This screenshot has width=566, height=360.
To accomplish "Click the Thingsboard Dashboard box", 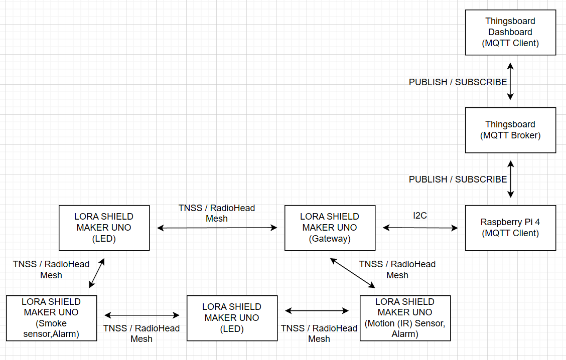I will click(x=510, y=32).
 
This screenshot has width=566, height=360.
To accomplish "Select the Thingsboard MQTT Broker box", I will click(x=510, y=130).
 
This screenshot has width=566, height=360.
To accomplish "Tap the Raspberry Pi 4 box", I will click(x=510, y=228).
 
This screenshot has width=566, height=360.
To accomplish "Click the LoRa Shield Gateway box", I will click(x=330, y=228).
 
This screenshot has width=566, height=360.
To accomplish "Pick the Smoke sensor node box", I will click(x=51, y=318).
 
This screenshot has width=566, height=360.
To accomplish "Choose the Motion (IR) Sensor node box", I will click(x=405, y=318).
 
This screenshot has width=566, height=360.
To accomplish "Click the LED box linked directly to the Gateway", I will click(x=104, y=228).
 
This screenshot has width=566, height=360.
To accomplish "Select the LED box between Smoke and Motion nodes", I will click(x=232, y=318).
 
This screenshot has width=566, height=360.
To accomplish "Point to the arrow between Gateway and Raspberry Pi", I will click(x=420, y=228).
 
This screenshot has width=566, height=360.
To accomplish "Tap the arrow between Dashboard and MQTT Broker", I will click(x=510, y=81).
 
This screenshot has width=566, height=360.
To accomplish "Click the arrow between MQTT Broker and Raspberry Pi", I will click(x=510, y=179).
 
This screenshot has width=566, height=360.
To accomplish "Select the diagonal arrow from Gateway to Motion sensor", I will click(x=353, y=273).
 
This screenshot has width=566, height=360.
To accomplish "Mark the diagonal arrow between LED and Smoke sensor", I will click(x=97, y=273).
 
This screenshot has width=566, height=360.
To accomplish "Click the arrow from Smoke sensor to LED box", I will click(x=142, y=315).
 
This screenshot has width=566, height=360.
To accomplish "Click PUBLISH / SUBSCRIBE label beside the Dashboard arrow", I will click(x=458, y=82).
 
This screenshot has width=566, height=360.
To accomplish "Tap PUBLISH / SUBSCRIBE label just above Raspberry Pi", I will click(x=458, y=179).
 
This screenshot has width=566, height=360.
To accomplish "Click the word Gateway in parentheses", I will click(x=330, y=239).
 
